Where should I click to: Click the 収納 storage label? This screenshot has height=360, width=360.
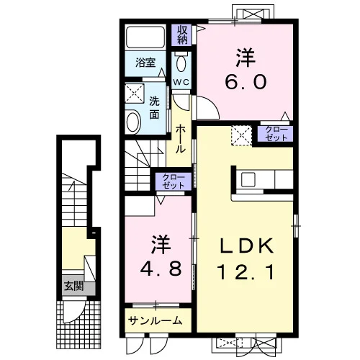tap(182, 35)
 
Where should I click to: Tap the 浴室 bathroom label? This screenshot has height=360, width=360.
tap(145, 63)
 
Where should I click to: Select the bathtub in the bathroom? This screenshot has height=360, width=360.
tap(145, 37)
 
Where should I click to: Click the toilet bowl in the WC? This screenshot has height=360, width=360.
tap(181, 63)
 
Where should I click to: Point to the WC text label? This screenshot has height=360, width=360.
tap(181, 82)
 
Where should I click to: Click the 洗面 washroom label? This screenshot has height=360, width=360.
tap(154, 108)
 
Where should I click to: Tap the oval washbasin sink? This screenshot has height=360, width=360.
tap(133, 122)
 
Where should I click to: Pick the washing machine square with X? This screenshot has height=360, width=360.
tap(135, 94)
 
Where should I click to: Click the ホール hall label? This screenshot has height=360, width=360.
tap(181, 140)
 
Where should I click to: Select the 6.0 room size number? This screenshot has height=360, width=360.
tap(246, 81)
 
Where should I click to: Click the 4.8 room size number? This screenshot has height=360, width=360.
tap(161, 269)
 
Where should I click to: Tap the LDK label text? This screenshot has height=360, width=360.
tap(246, 246)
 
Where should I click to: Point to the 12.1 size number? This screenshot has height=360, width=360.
tap(246, 274)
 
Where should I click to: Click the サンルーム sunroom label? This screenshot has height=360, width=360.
tap(155, 320)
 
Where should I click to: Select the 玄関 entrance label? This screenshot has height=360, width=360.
tap(73, 286)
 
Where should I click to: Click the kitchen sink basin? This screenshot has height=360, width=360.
tap(248, 180)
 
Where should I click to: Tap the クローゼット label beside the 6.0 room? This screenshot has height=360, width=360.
tap(276, 133)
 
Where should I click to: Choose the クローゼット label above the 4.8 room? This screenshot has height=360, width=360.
tap(174, 181)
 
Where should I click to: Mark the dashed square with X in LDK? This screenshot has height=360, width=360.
tap(241, 135)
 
